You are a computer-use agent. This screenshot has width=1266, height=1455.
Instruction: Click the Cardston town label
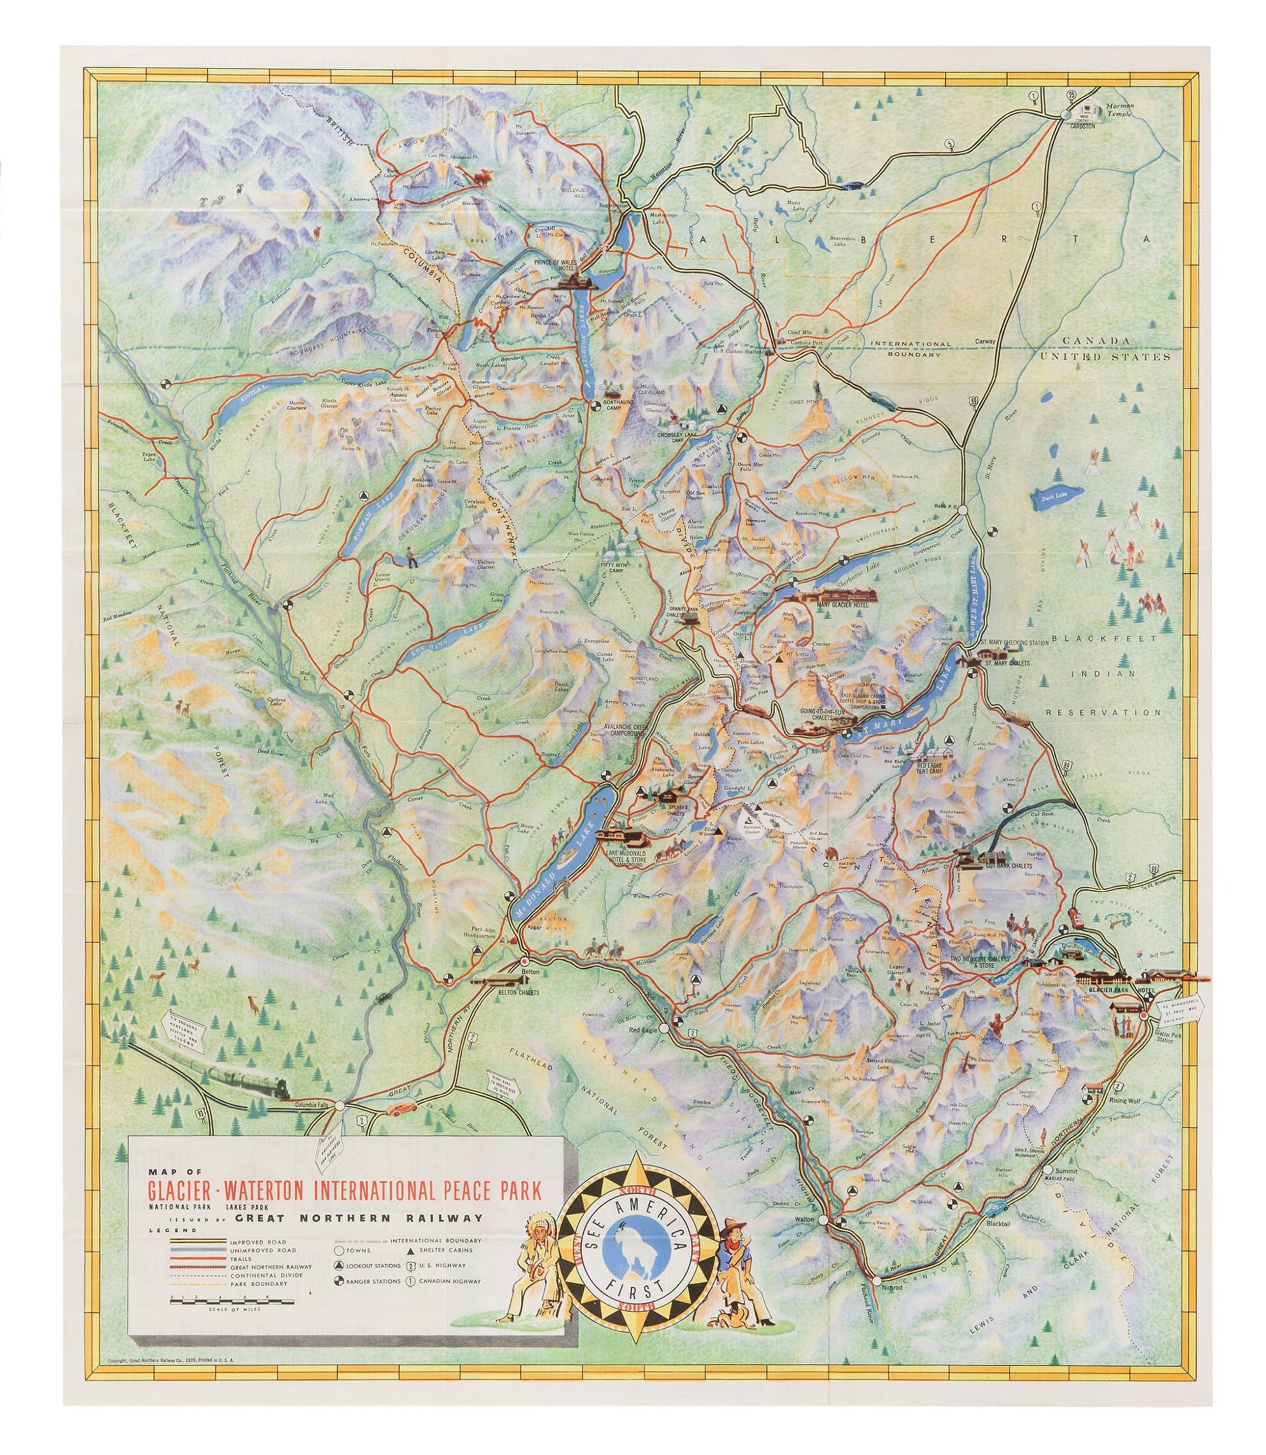point(1081,127)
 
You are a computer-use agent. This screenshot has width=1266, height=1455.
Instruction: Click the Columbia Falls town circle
point(340,1125)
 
